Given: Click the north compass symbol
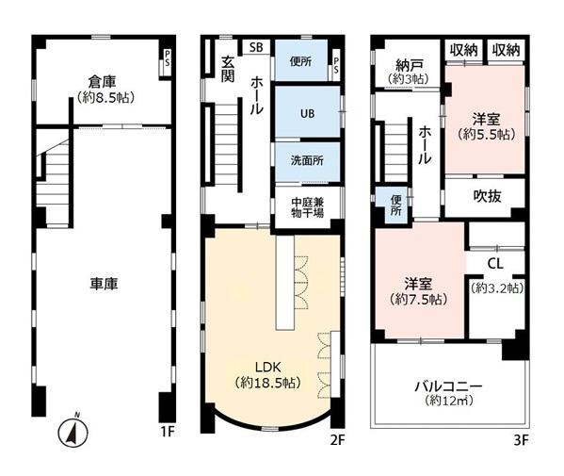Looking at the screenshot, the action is point(73,432).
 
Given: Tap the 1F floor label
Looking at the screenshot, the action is point(168,431).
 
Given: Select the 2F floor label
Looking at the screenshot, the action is point(337,440).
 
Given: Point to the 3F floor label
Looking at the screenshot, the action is point(521,440).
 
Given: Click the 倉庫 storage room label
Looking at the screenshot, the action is point(103,82).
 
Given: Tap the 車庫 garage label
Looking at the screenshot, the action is point(104,284).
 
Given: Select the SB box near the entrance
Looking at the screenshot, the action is point(256,47).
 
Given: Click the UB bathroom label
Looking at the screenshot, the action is point(308,114).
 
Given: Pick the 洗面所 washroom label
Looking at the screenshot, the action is point(307,160).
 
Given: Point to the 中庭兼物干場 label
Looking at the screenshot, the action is point(308,207).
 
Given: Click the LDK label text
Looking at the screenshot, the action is point(267,368).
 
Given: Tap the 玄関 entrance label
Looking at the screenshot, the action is point(227,70).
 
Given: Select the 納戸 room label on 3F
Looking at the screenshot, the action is point(409,65).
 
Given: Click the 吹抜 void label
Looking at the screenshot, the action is point(487,196).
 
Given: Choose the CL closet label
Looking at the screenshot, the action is point(495,264).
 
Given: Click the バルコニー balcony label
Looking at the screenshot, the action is point(448,387).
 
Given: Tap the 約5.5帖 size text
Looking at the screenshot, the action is point(487,134).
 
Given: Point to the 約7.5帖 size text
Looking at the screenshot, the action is point(419,299).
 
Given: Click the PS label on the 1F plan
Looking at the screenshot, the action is point(168,58).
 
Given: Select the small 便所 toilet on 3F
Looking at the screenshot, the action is point(395,205).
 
